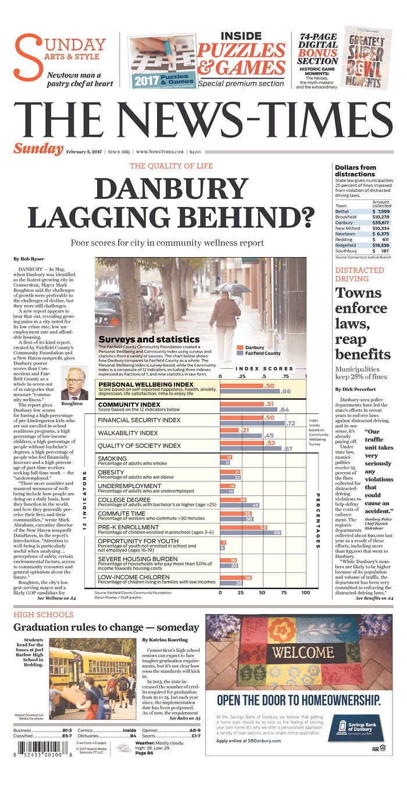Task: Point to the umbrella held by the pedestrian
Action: coord(233,287)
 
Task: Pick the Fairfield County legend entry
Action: coord(259,353)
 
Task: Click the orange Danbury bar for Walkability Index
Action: coord(230,430)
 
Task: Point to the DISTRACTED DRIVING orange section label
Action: coord(359,274)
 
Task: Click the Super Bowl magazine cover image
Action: coord(369,57)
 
